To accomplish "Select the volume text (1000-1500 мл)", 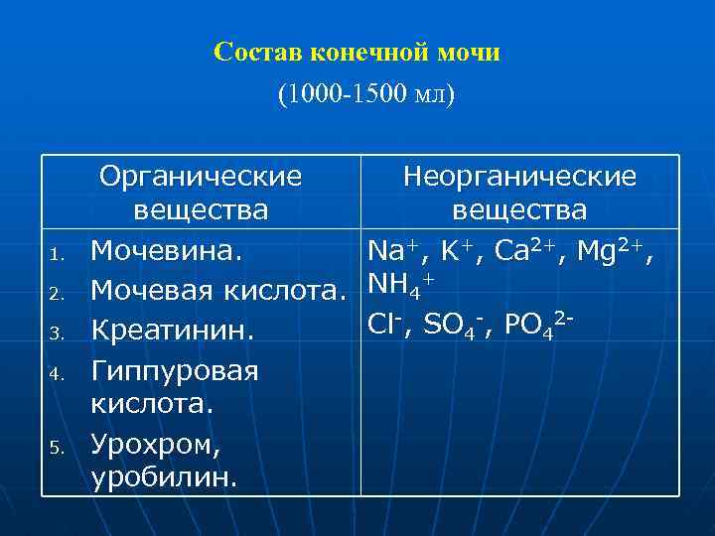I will (x=365, y=94).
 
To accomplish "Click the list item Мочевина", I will (x=166, y=250).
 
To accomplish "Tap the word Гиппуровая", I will (x=175, y=371).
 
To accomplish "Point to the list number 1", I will (x=58, y=255).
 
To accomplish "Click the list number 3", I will (x=58, y=333).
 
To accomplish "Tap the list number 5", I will (x=58, y=446).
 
